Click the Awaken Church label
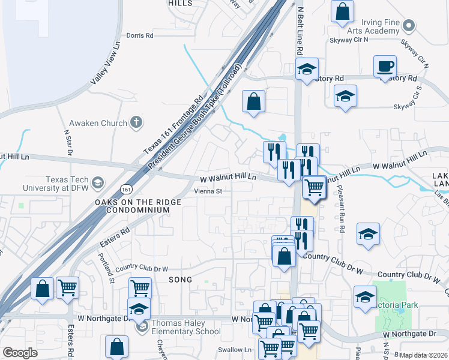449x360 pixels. click(x=98, y=124)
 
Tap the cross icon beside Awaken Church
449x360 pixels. click(x=136, y=123)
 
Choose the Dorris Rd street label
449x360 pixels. click(x=140, y=35)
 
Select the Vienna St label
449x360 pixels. click(x=208, y=191)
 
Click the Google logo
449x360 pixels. click(x=20, y=353)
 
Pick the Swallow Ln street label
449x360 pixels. click(x=235, y=350)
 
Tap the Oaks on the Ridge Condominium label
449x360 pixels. click(x=137, y=206)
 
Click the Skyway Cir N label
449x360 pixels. click(x=349, y=40)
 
